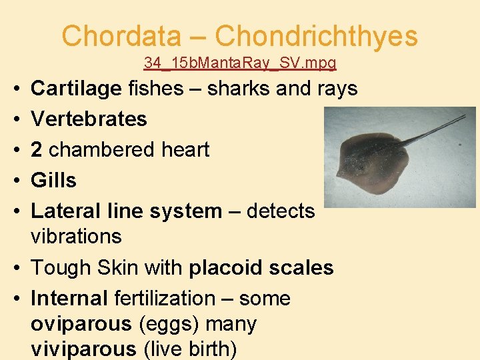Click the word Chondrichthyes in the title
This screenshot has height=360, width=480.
coord(317,36)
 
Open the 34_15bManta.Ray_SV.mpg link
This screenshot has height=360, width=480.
coord(240,63)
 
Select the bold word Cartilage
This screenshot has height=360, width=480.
coord(76,88)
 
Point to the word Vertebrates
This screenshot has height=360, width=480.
coord(89,119)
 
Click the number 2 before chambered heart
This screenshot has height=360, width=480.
coord(37,149)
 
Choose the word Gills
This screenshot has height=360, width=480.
coord(54,180)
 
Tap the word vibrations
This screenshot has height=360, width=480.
coord(76,236)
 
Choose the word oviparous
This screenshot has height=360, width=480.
coord(81,323)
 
